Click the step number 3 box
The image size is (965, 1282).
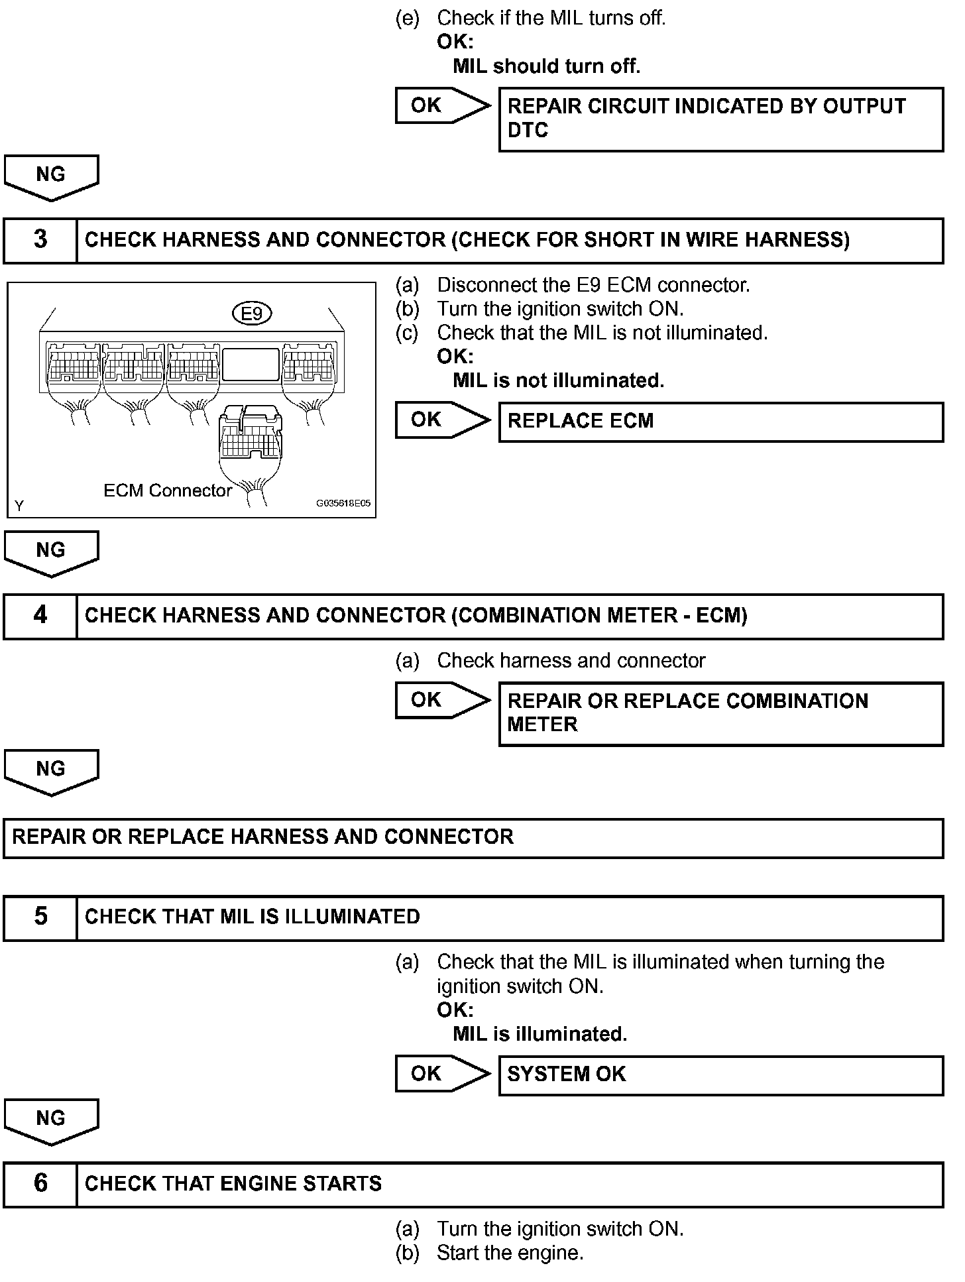[40, 240]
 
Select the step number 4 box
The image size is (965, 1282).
[40, 616]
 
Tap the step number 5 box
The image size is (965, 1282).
[40, 917]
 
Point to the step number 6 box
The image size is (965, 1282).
[40, 1184]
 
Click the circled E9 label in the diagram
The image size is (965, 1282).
[252, 313]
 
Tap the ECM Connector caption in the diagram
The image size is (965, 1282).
[168, 491]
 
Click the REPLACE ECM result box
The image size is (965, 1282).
[720, 422]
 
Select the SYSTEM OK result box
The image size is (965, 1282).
[720, 1075]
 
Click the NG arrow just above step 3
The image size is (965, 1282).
[52, 177]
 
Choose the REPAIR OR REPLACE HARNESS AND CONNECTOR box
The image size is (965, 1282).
[473, 838]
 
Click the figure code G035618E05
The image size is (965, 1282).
[343, 503]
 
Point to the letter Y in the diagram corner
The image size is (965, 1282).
[19, 506]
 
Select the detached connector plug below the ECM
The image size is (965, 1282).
[250, 437]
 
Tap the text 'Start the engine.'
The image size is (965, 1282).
[510, 1253]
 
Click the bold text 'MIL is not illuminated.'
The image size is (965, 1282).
[558, 380]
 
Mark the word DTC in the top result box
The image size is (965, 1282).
[528, 131]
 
